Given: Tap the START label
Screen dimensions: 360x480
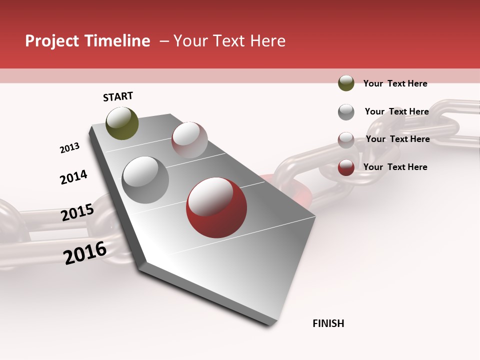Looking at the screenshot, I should pos(118,96).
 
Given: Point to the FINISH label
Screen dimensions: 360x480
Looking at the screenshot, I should pos(328,323).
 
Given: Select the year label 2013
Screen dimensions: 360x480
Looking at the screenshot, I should pos(69,148).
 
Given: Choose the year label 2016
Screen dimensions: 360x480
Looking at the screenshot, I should pos(85,253).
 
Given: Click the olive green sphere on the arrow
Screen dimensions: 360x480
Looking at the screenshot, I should pos(122,123).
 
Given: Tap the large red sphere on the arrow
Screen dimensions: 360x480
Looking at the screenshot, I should pos(216,207).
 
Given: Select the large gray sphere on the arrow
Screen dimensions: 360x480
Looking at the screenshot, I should pos(145,180).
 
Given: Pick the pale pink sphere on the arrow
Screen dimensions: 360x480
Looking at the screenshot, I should pos(189,140).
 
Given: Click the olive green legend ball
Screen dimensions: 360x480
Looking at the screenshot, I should pos(346,83).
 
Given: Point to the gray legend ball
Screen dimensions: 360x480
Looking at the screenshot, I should pos(346,112).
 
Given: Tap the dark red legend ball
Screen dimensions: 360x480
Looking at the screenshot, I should pos(346,168).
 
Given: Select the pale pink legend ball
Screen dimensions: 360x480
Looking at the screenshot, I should pos(346,140).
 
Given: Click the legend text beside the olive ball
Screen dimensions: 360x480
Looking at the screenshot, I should pos(395,83).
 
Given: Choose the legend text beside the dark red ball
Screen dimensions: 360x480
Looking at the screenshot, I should pos(395,167).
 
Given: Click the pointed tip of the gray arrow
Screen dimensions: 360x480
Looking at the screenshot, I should pos(270,324).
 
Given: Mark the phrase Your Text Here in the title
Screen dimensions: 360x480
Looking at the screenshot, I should pos(229,41).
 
